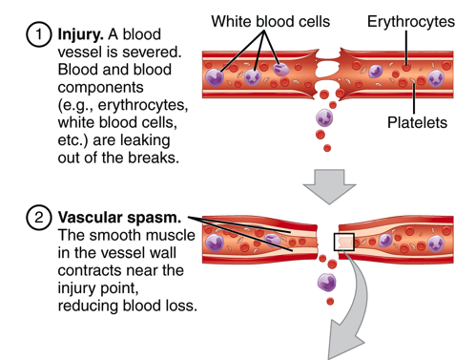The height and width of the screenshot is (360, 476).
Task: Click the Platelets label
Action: click(416, 123)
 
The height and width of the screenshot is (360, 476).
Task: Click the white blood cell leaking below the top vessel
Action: click(325, 121)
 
